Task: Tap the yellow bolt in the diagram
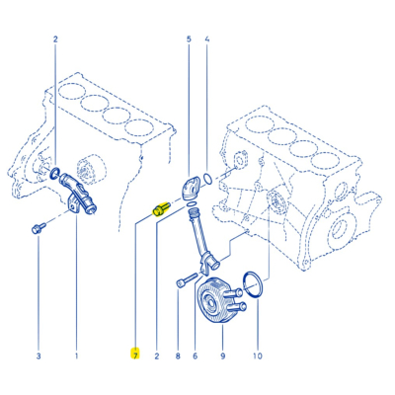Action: [x=159, y=208]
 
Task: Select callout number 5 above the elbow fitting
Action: [x=189, y=42]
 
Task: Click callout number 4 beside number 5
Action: [x=206, y=42]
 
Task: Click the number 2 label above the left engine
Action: [x=56, y=42]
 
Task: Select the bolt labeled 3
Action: [x=37, y=229]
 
